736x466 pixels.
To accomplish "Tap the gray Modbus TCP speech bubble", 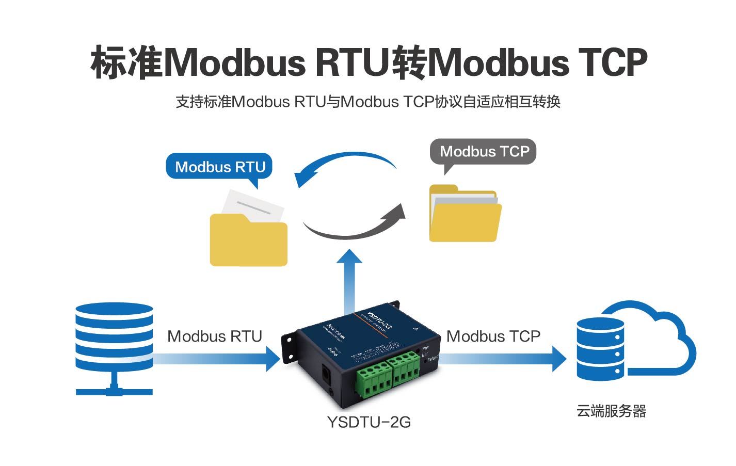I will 484,152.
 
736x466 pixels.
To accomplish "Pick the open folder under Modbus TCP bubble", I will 465,217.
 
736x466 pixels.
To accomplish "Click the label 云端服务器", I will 611,411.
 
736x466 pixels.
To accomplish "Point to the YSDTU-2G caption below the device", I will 369,422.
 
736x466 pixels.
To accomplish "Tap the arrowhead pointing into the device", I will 273,358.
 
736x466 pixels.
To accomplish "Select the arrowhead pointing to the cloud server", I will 559,358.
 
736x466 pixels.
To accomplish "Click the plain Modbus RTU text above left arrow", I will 215,336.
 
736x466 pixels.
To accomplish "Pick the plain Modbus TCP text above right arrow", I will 493,336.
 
